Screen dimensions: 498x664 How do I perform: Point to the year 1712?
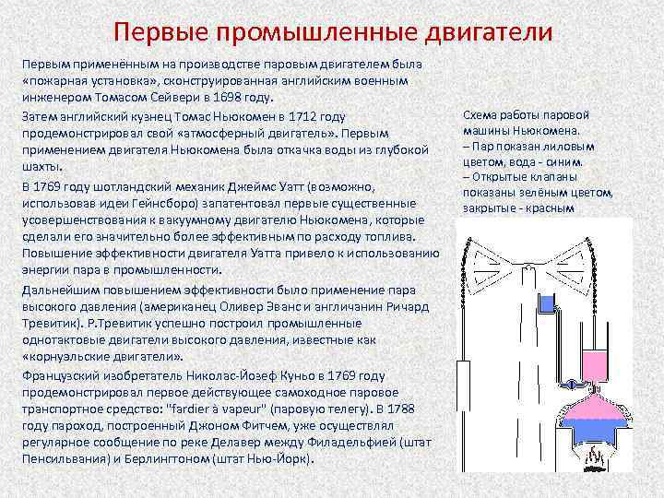click(x=308, y=116)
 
